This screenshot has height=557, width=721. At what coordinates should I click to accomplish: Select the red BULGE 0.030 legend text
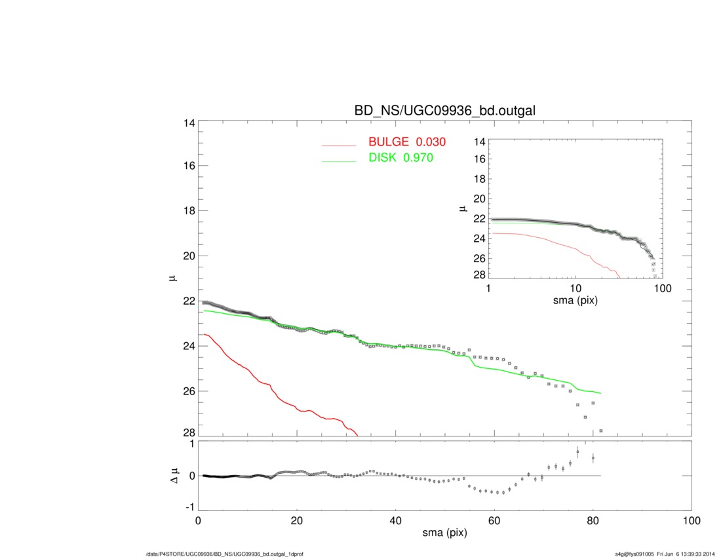[408, 142]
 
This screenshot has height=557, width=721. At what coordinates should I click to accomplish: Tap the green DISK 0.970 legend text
[401, 158]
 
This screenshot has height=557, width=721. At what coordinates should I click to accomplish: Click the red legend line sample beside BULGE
[339, 145]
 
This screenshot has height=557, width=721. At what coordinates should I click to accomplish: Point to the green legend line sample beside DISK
[339, 161]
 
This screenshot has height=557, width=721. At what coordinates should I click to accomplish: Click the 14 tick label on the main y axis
[188, 123]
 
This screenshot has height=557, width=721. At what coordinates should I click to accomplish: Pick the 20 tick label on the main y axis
[188, 256]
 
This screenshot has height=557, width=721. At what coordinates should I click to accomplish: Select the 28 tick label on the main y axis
[188, 433]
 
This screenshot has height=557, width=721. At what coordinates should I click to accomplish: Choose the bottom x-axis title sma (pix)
[445, 534]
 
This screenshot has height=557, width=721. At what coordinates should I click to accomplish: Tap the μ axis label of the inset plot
[463, 209]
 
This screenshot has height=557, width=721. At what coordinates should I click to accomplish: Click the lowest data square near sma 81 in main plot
[600, 431]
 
